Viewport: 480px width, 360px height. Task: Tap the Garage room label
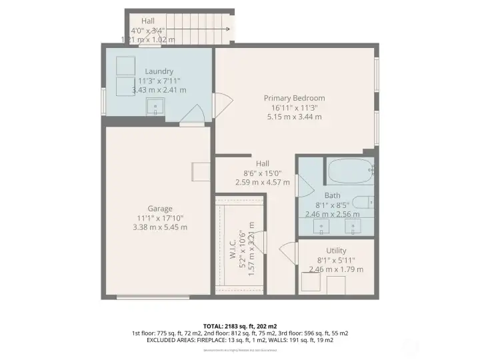point(159,208)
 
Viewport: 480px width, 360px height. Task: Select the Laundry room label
point(159,71)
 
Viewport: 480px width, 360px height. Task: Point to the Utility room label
point(336,251)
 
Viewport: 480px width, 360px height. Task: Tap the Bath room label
point(332,195)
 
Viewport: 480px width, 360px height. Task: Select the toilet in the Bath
point(364,203)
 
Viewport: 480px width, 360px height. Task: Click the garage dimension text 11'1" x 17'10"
point(159,217)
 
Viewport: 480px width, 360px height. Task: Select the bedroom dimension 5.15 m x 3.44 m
point(294,117)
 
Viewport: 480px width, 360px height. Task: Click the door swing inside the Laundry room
point(195,114)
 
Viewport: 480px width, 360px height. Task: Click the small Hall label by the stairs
point(148,21)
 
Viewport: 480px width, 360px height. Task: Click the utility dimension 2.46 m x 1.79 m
point(336,269)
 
